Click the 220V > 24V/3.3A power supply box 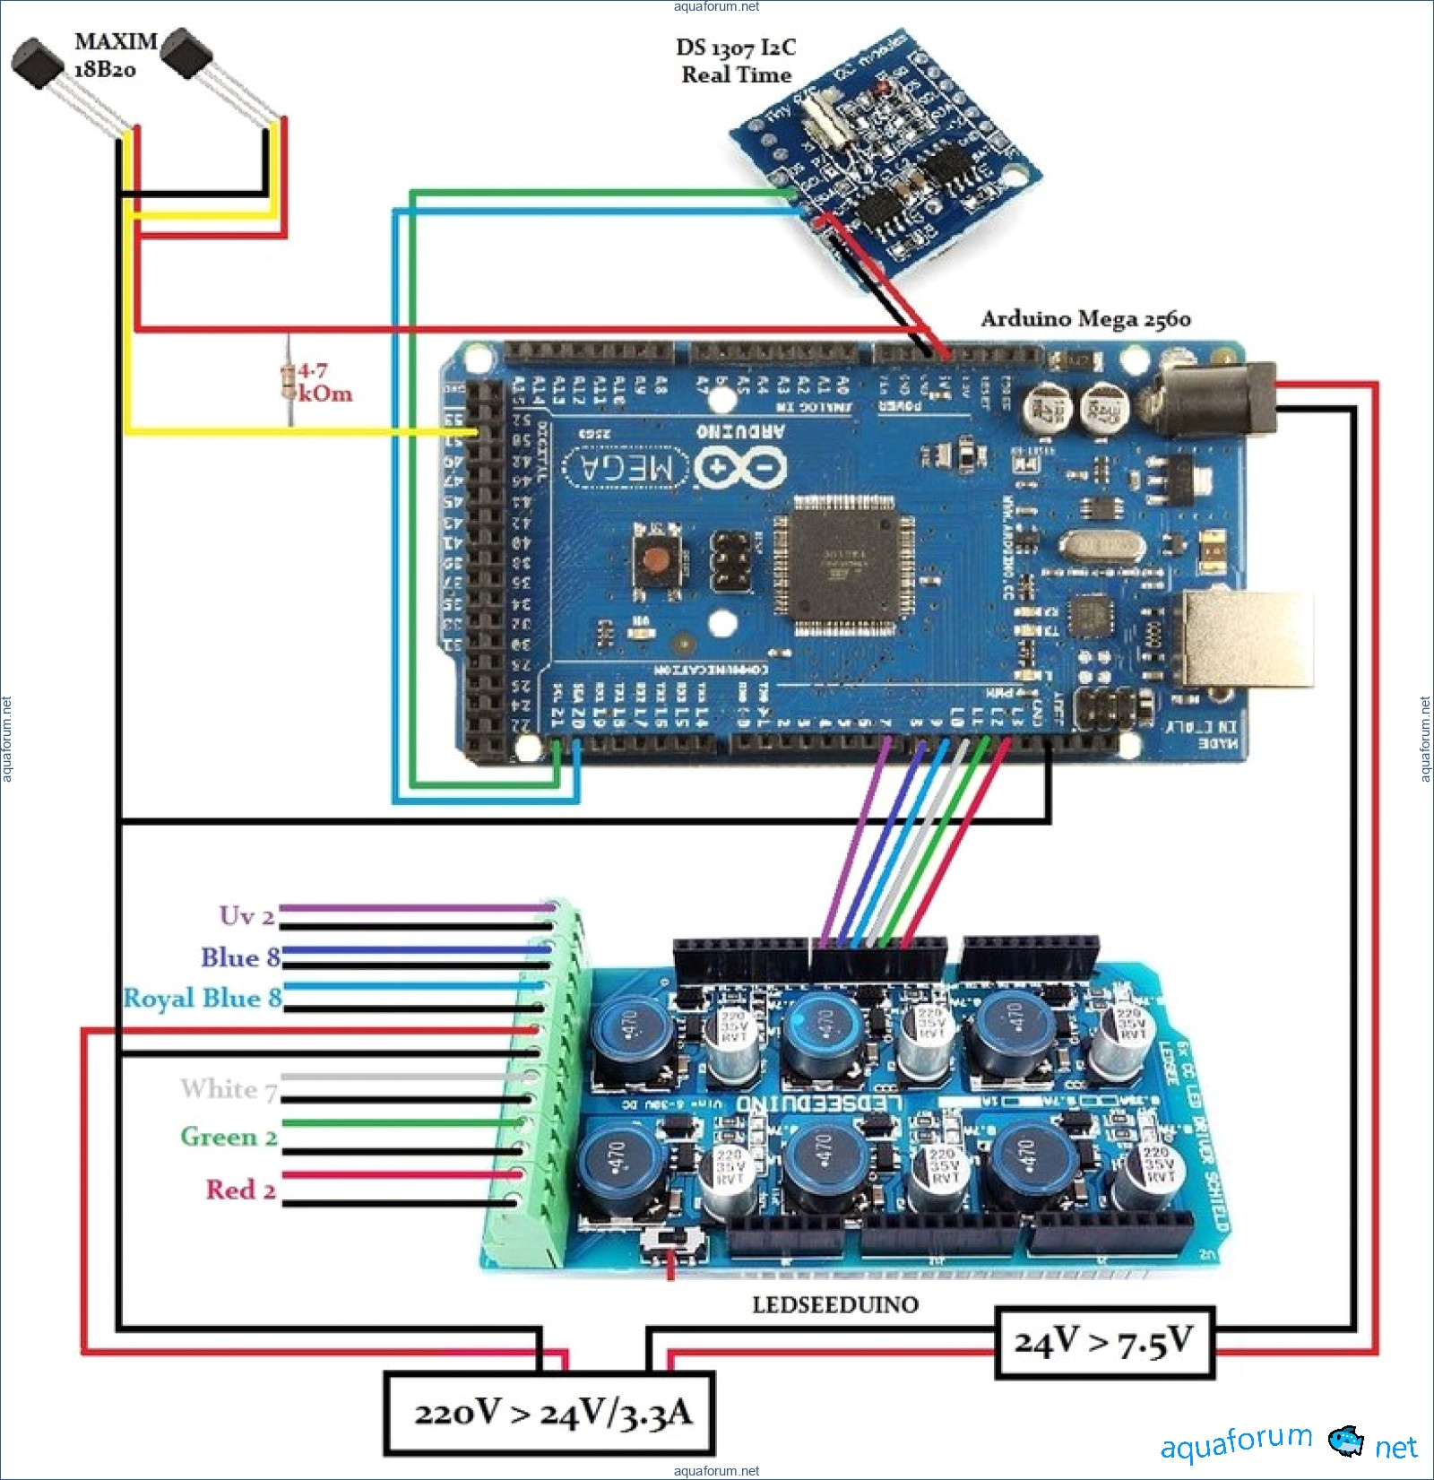[549, 1413]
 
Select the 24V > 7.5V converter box [1104, 1343]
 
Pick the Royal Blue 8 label [203, 998]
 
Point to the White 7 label [229, 1089]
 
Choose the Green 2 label [229, 1137]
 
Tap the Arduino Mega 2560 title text [1085, 319]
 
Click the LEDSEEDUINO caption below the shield [835, 1304]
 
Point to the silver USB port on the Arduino [1248, 638]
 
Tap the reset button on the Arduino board [659, 560]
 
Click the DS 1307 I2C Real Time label [736, 61]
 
